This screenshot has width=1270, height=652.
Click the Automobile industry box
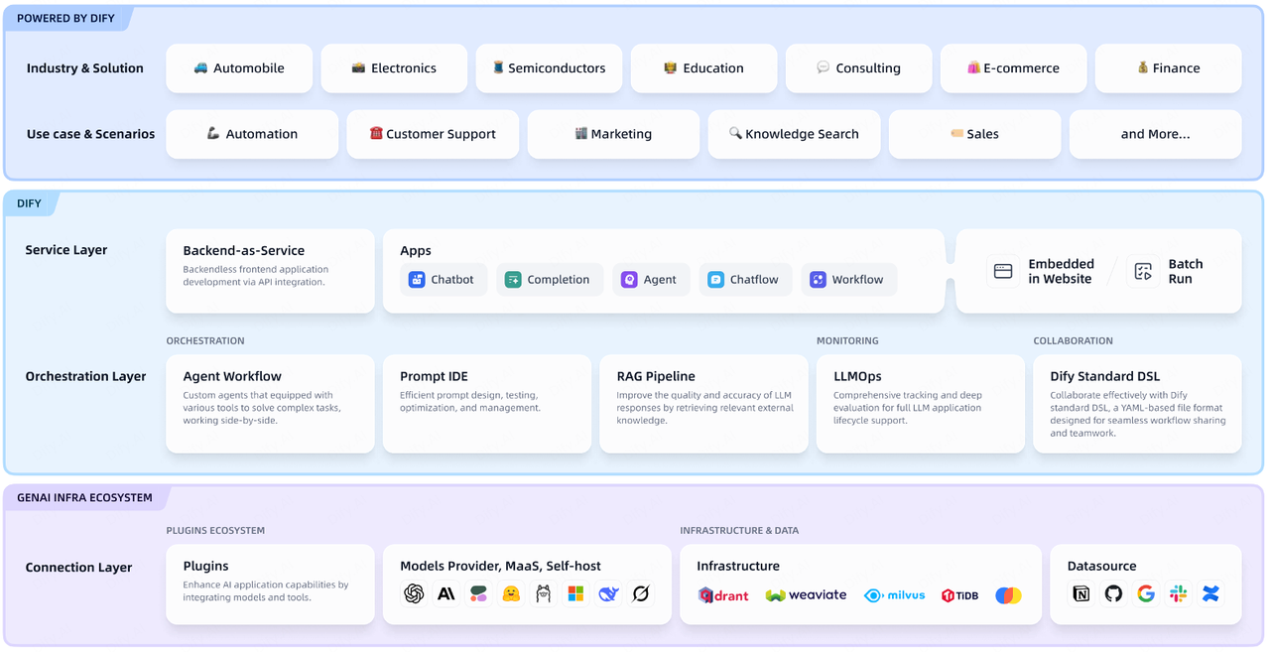tap(239, 68)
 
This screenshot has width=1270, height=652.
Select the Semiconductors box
tap(549, 68)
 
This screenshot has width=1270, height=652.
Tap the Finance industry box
tap(1169, 68)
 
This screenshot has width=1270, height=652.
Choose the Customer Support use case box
tap(433, 134)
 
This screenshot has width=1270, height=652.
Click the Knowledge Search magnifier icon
tap(735, 133)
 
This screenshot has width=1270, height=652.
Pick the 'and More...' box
tap(1156, 134)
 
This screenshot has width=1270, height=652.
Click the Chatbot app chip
tap(444, 280)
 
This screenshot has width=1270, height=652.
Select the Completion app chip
tap(550, 280)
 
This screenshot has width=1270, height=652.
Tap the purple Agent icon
tap(629, 280)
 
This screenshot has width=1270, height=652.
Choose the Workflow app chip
tap(848, 280)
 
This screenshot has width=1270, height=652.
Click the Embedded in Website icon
tap(1003, 272)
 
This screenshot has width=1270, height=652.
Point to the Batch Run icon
tap(1143, 272)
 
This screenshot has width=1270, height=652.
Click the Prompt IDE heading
tap(434, 376)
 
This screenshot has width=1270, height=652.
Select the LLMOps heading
tap(857, 376)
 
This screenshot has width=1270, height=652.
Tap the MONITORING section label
tap(847, 340)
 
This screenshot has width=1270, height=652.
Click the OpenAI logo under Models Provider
tap(414, 594)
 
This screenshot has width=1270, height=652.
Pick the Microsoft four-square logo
tap(575, 594)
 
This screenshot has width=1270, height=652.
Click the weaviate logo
tap(806, 595)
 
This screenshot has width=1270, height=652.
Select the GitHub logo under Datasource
tap(1113, 594)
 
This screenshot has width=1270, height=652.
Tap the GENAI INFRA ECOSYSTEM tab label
tap(84, 498)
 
